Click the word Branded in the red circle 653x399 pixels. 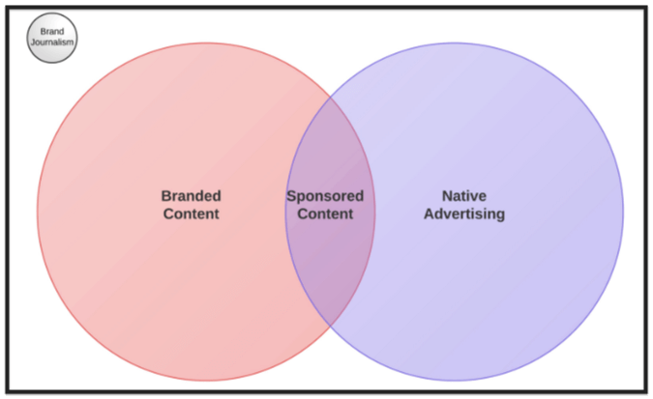[x=191, y=195]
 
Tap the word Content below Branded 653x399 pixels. [x=191, y=214]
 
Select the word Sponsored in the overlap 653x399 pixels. [x=325, y=196]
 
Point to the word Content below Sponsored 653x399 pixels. [x=325, y=214]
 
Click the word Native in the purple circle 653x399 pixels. [x=464, y=195]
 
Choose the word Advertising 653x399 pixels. [x=464, y=214]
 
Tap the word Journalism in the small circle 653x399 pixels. [x=51, y=43]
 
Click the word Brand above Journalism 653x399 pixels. [x=51, y=32]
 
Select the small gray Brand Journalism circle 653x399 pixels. [x=51, y=38]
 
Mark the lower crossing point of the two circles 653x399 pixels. [x=330, y=324]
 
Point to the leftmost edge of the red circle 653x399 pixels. [x=38, y=211]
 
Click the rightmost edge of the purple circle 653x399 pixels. [x=623, y=211]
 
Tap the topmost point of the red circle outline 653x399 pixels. [x=206, y=43]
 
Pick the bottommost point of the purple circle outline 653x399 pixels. [x=454, y=380]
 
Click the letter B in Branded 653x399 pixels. [x=165, y=195]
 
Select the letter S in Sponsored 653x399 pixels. [x=291, y=196]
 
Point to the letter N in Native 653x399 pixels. [x=447, y=195]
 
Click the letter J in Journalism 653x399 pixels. [x=33, y=43]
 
